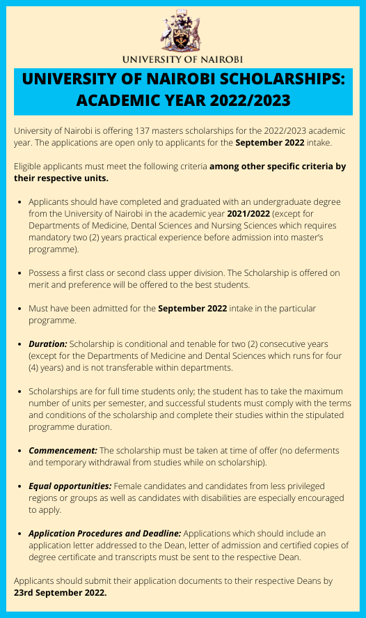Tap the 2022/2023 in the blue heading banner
pyautogui.click(x=248, y=100)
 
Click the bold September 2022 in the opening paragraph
pyautogui.click(x=269, y=143)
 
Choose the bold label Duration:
pyautogui.click(x=48, y=344)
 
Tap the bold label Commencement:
pyautogui.click(x=63, y=451)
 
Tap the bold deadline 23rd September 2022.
pyautogui.click(x=61, y=593)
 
